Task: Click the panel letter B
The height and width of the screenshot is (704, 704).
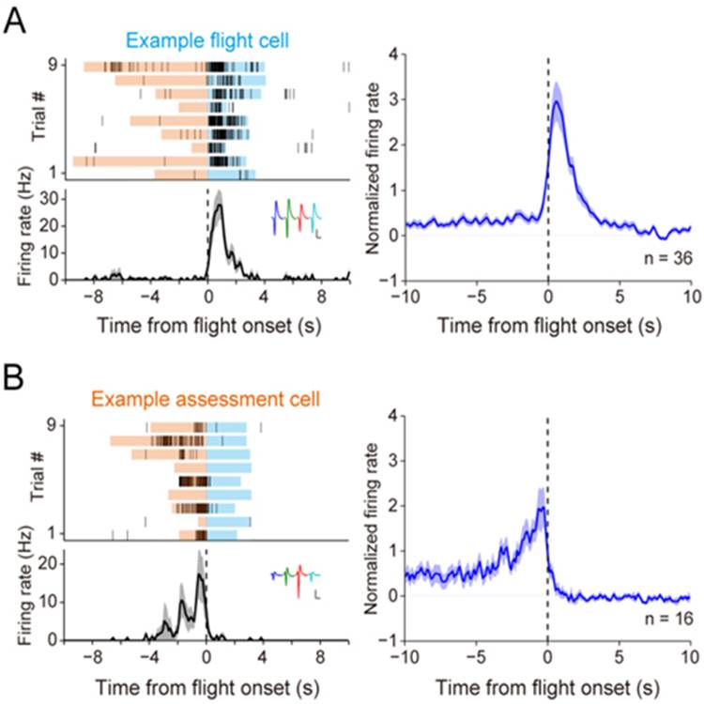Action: pos(16,376)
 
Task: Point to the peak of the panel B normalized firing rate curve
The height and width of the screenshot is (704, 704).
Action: pos(542,509)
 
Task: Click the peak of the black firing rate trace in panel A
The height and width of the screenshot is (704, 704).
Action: pos(220,206)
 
